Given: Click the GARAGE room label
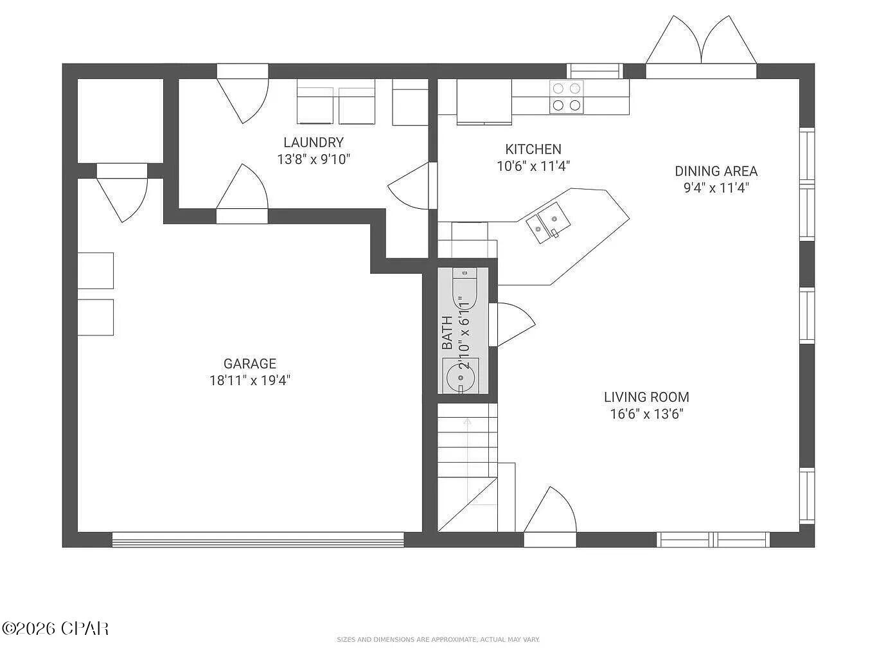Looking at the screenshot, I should click(249, 364).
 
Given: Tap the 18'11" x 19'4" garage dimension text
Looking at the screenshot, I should click(249, 380).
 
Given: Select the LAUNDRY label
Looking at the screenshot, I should click(314, 143).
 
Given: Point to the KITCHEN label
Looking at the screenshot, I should click(533, 149).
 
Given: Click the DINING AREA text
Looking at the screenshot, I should click(716, 171).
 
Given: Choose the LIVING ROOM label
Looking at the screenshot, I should click(646, 397).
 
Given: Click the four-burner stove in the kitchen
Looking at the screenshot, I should click(566, 96).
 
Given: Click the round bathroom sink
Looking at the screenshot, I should click(460, 375).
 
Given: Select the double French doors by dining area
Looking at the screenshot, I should click(700, 45).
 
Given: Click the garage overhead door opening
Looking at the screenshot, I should click(257, 540).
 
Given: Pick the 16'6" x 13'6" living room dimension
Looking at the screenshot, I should click(646, 414).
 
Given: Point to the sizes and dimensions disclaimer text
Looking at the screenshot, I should click(438, 639).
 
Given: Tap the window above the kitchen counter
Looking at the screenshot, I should click(594, 70).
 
